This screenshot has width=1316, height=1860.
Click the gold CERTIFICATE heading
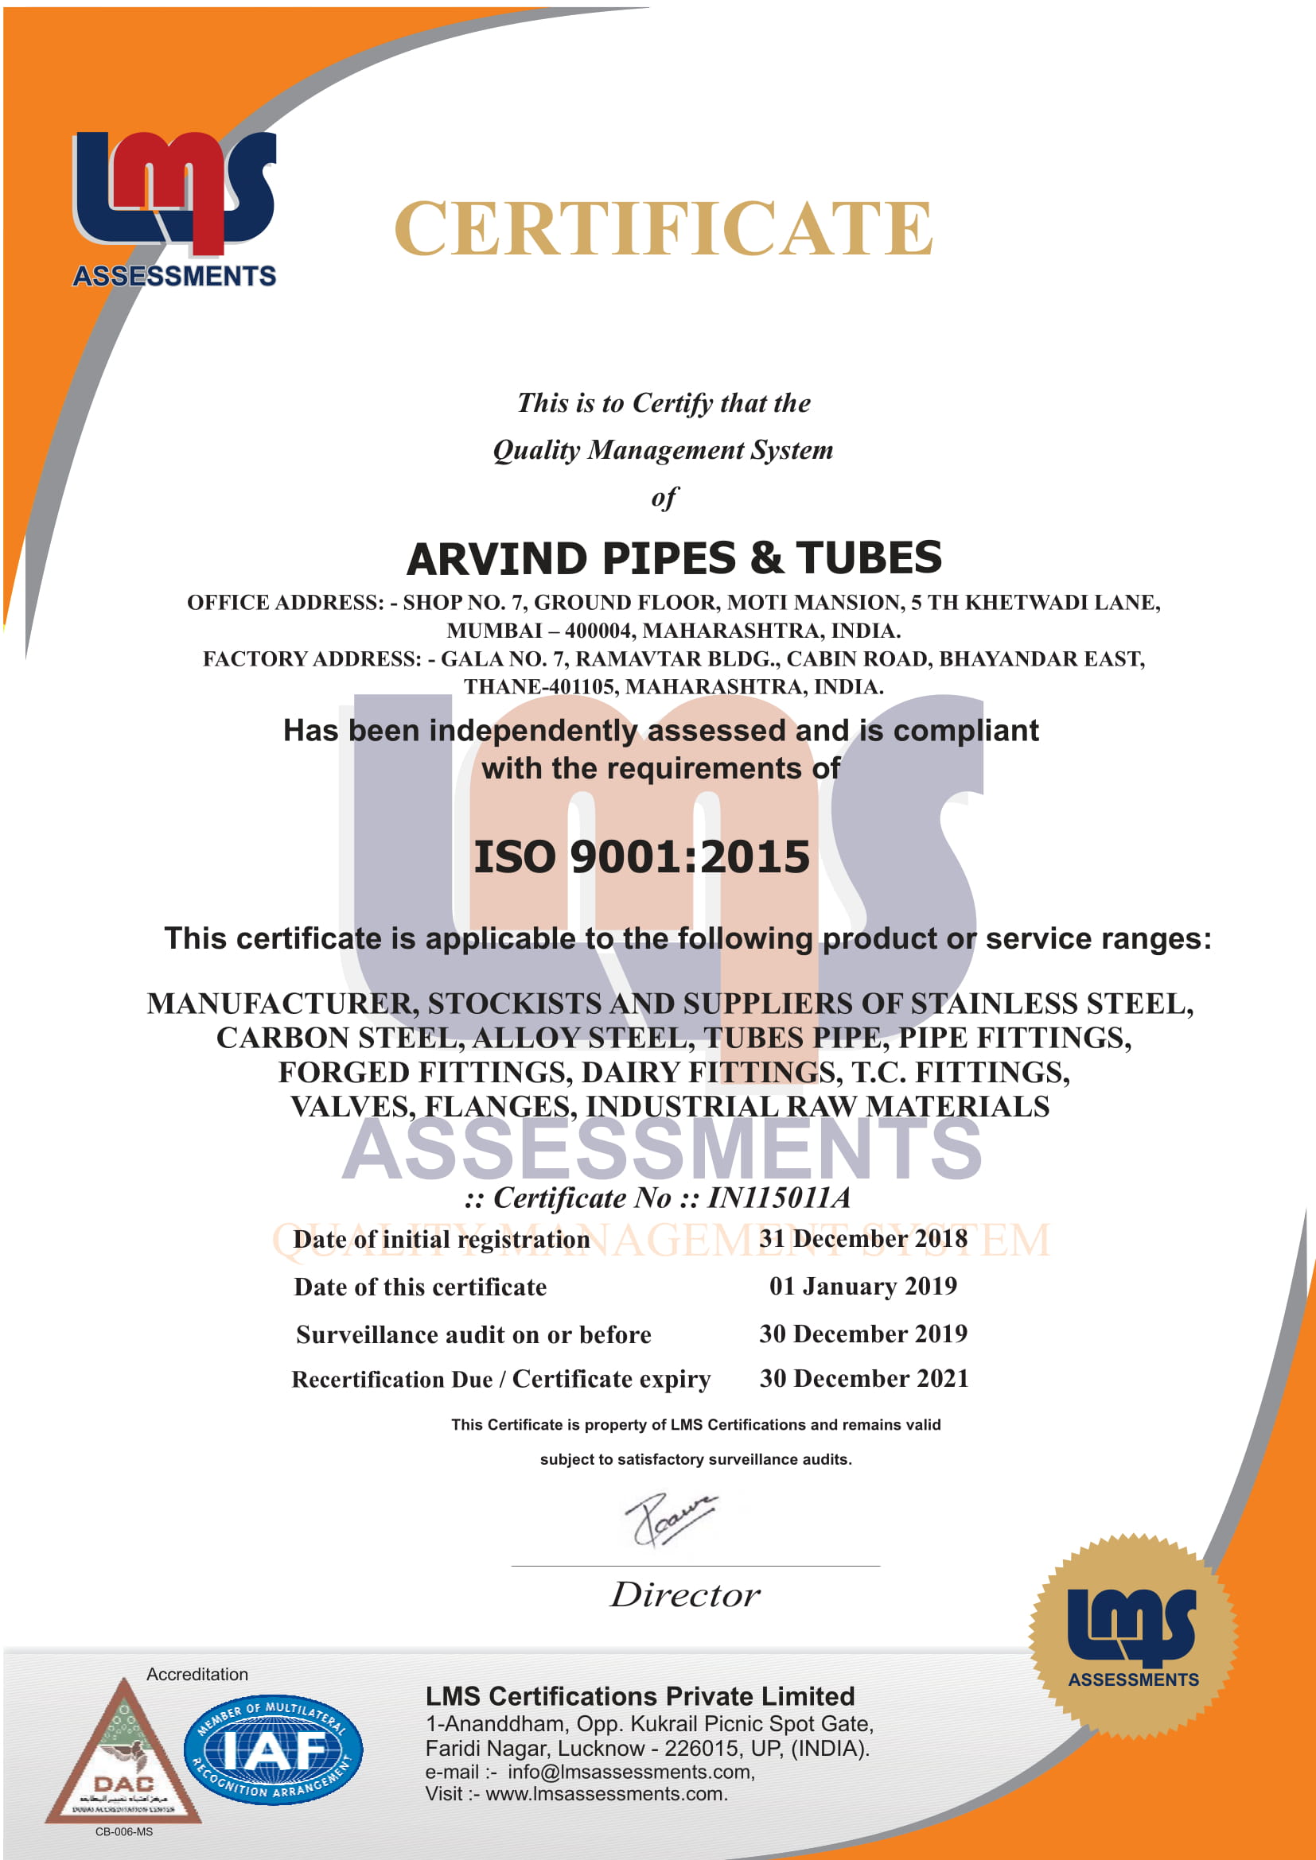[663, 228]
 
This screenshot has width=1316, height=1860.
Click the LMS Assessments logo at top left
[174, 209]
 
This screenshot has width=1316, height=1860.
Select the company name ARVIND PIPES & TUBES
[673, 558]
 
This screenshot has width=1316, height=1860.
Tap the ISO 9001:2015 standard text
[641, 856]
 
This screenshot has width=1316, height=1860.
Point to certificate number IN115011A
[779, 1198]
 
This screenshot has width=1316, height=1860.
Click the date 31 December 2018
[863, 1239]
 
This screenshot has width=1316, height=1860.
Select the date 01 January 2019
[863, 1287]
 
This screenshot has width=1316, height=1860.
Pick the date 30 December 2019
[863, 1334]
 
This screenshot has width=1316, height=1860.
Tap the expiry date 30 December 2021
[864, 1378]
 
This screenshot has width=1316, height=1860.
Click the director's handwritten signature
[668, 1517]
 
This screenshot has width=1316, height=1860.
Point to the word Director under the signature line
[685, 1594]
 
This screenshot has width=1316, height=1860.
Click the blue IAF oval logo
[273, 1749]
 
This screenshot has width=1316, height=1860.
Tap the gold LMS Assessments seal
[1132, 1635]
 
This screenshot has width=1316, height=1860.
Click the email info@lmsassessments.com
[630, 1772]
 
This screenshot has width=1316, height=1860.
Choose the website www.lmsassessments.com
[606, 1793]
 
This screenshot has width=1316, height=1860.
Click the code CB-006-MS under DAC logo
[124, 1831]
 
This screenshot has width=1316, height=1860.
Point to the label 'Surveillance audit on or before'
[473, 1334]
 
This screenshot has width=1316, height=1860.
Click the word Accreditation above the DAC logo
[197, 1675]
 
